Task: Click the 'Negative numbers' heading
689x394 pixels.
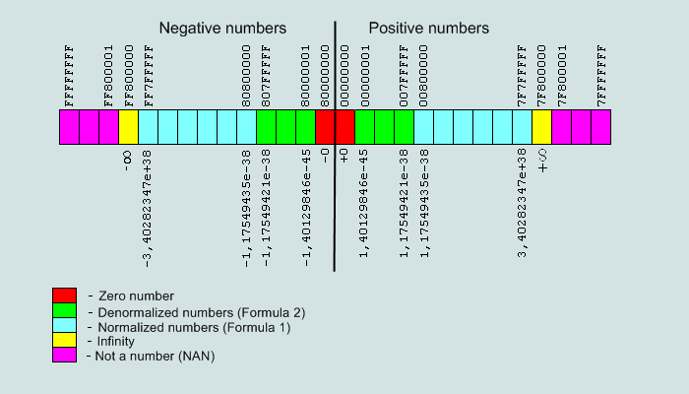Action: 222,29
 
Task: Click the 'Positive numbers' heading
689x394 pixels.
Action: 428,29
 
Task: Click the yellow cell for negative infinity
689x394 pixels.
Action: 128,127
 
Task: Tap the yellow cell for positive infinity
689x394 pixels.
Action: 541,127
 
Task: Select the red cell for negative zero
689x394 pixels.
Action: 325,127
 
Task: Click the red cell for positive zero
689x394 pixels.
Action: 344,127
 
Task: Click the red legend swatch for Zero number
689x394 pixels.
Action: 64,295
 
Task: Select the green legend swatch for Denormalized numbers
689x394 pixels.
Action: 64,310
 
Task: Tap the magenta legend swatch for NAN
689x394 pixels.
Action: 64,355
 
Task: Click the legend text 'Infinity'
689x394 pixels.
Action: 115,341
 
